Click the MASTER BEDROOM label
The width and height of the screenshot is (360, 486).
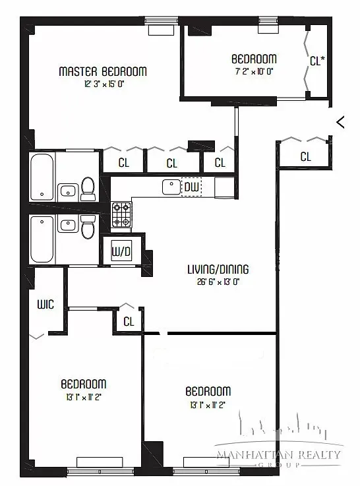pyautogui.click(x=103, y=71)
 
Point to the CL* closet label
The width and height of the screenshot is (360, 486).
pyautogui.click(x=317, y=61)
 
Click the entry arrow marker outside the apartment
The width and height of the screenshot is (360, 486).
pyautogui.click(x=340, y=121)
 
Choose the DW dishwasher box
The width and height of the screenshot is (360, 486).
pyautogui.click(x=192, y=188)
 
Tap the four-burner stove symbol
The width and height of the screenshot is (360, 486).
pyautogui.click(x=121, y=214)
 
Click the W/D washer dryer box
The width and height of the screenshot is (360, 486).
pyautogui.click(x=120, y=251)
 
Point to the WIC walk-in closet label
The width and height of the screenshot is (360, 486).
pyautogui.click(x=45, y=304)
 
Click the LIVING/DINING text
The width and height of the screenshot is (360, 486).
pyautogui.click(x=217, y=269)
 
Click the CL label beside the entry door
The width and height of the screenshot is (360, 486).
pyautogui.click(x=305, y=157)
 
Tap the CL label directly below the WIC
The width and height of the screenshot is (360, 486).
pyautogui.click(x=129, y=322)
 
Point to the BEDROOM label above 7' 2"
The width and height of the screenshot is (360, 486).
pyautogui.click(x=254, y=58)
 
